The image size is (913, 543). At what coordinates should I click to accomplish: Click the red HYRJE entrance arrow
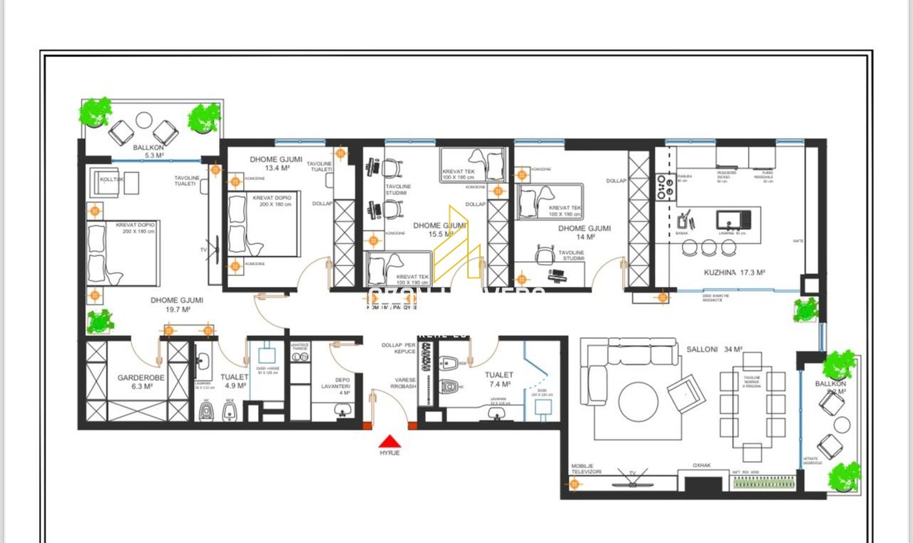pyautogui.click(x=389, y=441)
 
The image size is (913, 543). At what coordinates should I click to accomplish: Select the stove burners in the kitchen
pyautogui.click(x=665, y=187)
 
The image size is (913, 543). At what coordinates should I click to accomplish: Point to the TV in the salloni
pyautogui.click(x=632, y=477)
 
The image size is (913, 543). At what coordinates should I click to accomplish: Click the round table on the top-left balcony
pyautogui.click(x=144, y=120)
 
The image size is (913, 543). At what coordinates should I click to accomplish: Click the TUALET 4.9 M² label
pyautogui.click(x=234, y=381)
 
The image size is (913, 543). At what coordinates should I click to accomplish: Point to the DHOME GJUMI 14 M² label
pyautogui.click(x=584, y=233)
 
